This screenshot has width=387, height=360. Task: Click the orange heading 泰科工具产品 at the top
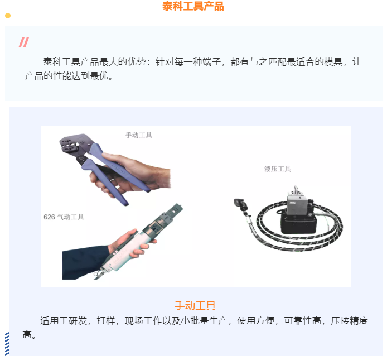tap(193, 7)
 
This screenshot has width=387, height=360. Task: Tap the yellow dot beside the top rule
tap(8, 16)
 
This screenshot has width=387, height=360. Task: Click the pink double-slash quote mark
tap(23, 42)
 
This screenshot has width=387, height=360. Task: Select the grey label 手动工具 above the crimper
tap(138, 135)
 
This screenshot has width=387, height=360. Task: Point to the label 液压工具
tap(277, 169)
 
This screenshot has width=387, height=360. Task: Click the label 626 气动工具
tap(64, 217)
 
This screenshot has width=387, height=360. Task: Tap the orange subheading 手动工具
tap(195, 305)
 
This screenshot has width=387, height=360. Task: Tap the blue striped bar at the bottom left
tap(7, 343)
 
